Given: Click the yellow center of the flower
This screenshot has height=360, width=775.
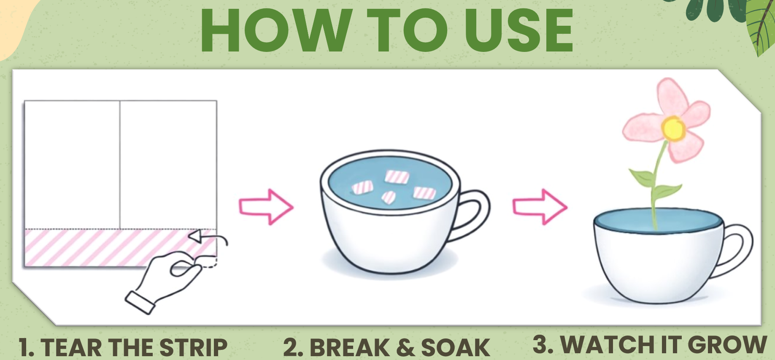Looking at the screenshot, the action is tap(672, 128).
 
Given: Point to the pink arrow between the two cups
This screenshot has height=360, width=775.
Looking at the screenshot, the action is tap(540, 206).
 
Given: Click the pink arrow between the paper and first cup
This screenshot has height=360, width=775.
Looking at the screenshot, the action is tap(266, 206).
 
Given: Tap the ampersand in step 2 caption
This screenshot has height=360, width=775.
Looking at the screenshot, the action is tap(405, 347).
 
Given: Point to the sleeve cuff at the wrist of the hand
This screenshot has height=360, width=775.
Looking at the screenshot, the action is tap(140, 303).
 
